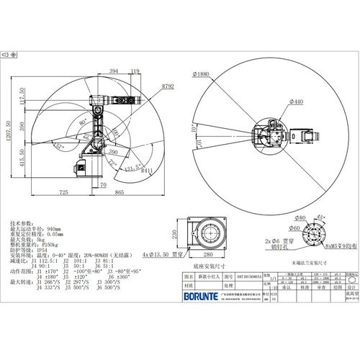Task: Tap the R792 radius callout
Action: (167, 86)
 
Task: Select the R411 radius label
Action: (148, 171)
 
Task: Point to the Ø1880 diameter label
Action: (203, 73)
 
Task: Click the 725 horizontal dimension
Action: (63, 193)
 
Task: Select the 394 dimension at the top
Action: (114, 71)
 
